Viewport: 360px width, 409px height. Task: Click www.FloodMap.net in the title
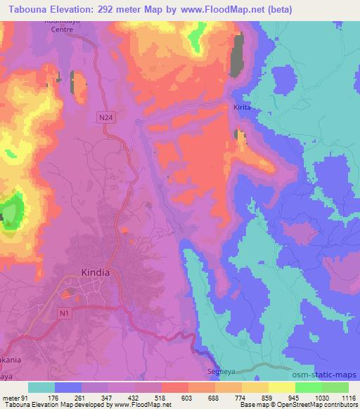point(217,10)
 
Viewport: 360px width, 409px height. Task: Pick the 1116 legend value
point(347,398)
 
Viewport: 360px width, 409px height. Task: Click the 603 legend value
point(186,398)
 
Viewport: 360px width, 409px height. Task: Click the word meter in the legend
point(10,398)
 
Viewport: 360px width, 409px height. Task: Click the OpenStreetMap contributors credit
point(319,405)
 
